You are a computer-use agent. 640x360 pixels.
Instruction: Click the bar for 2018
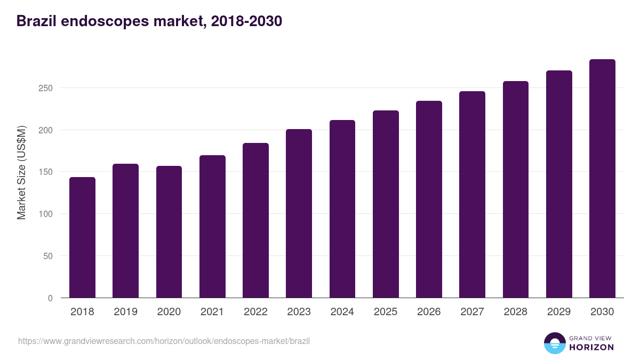tap(82, 237)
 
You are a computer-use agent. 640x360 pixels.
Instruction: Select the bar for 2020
tap(169, 232)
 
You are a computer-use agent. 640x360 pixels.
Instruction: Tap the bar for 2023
tap(299, 213)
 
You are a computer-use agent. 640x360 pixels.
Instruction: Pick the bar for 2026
tap(429, 199)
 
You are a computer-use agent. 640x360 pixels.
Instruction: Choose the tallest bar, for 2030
tap(602, 179)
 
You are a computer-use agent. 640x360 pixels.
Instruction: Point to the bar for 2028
tap(516, 189)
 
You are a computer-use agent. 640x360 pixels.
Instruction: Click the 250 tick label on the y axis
tap(47, 88)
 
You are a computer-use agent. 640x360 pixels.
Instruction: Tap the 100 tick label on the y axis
tap(47, 214)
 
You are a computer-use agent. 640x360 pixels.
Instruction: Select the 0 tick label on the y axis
tap(51, 298)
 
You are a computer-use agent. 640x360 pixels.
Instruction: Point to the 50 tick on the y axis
tap(49, 256)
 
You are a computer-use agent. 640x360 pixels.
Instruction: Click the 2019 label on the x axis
tap(125, 312)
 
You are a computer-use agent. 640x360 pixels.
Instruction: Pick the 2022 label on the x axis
tap(255, 312)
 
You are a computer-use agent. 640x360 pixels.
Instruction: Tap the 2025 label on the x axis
tap(386, 312)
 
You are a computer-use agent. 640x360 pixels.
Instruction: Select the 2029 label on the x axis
tap(559, 312)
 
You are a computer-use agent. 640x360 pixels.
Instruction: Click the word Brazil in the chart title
tap(35, 21)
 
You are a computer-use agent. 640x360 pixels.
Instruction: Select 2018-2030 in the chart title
tap(246, 21)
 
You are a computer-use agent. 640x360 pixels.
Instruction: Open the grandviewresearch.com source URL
tap(164, 341)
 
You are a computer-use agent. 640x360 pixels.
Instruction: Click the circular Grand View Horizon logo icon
tap(555, 343)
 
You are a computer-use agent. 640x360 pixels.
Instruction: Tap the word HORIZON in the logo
tap(591, 347)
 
